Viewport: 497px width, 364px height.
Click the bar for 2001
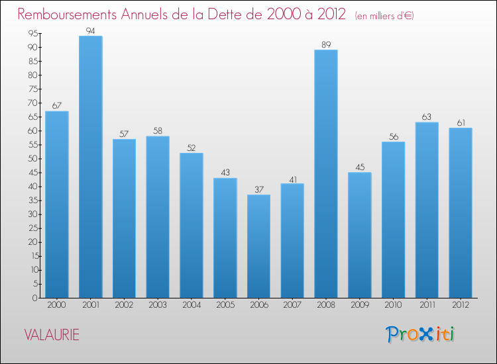90,167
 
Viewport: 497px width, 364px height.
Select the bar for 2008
326,173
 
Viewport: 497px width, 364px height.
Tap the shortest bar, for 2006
258,246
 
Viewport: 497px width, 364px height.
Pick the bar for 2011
427,210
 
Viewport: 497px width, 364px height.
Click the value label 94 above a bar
90,30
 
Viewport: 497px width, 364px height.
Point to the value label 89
326,44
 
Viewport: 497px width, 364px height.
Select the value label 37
258,189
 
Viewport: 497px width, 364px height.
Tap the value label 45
360,167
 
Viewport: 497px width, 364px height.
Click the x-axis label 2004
192,305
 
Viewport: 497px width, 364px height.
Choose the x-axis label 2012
461,305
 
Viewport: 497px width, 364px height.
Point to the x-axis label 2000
57,305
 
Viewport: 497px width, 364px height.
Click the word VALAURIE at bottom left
52,335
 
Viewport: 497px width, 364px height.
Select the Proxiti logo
420,334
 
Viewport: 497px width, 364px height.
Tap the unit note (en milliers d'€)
384,16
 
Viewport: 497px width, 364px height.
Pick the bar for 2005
225,238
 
